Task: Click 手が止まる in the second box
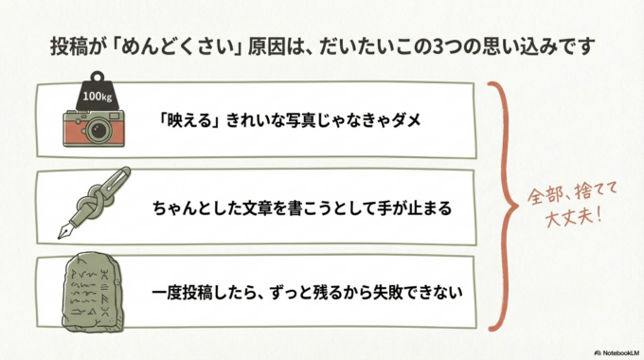[420, 206]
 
